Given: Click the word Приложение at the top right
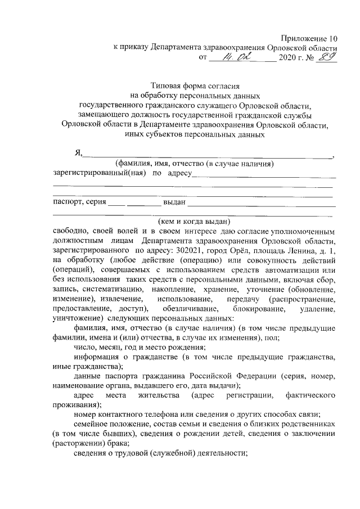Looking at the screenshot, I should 308,38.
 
